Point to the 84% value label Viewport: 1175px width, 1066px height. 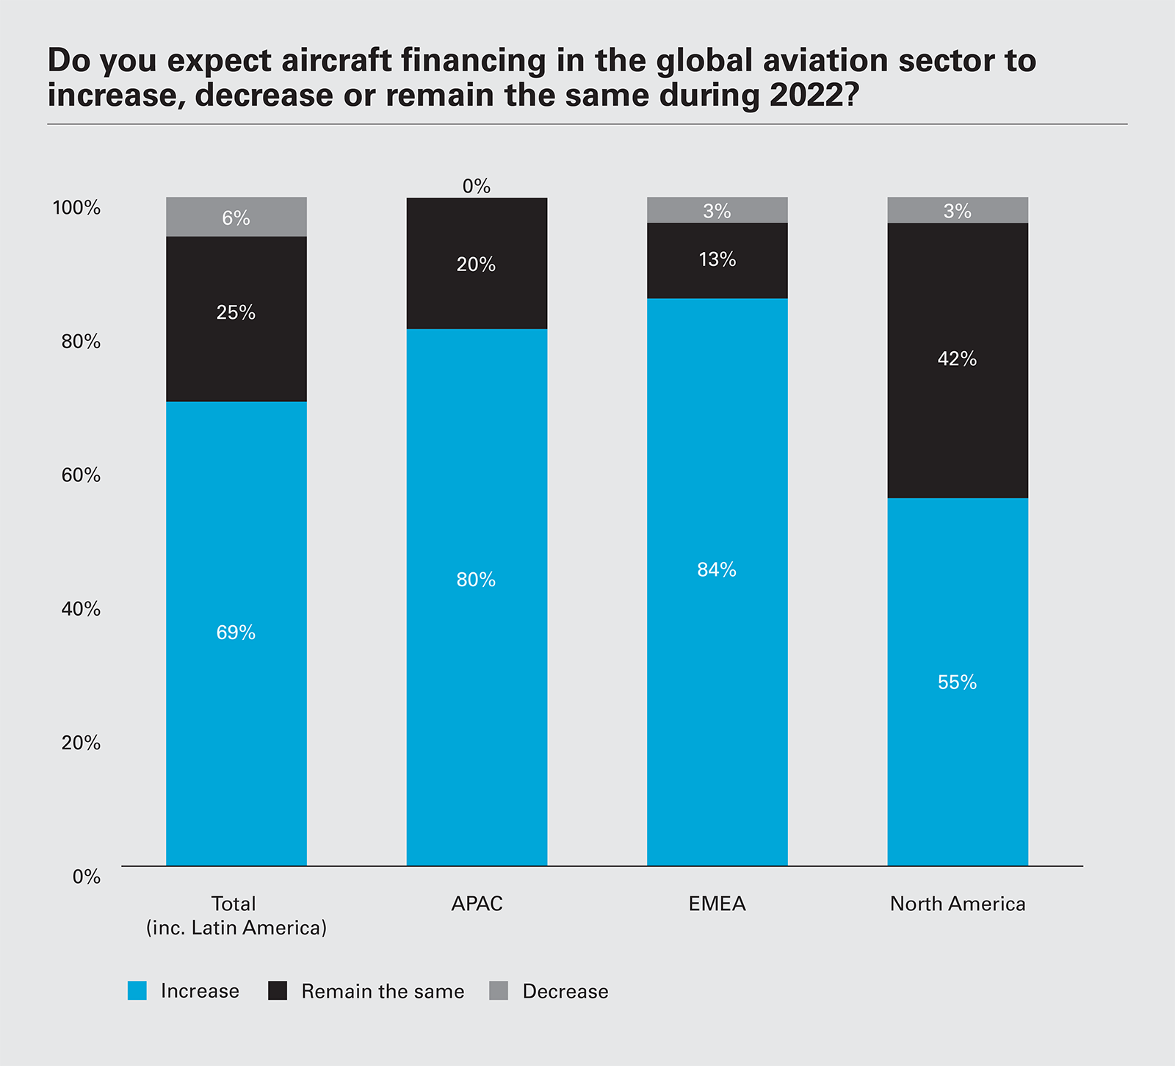[x=717, y=570]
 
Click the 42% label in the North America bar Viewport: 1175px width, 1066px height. [x=957, y=359]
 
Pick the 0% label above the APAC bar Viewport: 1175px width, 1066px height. [x=477, y=187]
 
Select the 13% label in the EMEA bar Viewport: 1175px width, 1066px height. [x=717, y=259]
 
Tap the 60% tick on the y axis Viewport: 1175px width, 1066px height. [x=81, y=475]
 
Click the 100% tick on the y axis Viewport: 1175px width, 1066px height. [x=76, y=208]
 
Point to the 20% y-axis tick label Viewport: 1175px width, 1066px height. [x=81, y=743]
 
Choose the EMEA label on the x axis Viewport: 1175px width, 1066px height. [x=717, y=904]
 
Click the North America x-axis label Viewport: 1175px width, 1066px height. [x=958, y=904]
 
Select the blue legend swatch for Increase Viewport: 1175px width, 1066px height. [x=137, y=990]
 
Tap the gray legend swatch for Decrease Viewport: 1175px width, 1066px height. [x=499, y=990]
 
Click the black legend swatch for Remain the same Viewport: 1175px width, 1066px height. [x=278, y=990]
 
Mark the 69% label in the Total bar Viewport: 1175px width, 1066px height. [x=236, y=633]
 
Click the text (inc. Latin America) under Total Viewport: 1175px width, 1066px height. [x=236, y=928]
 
